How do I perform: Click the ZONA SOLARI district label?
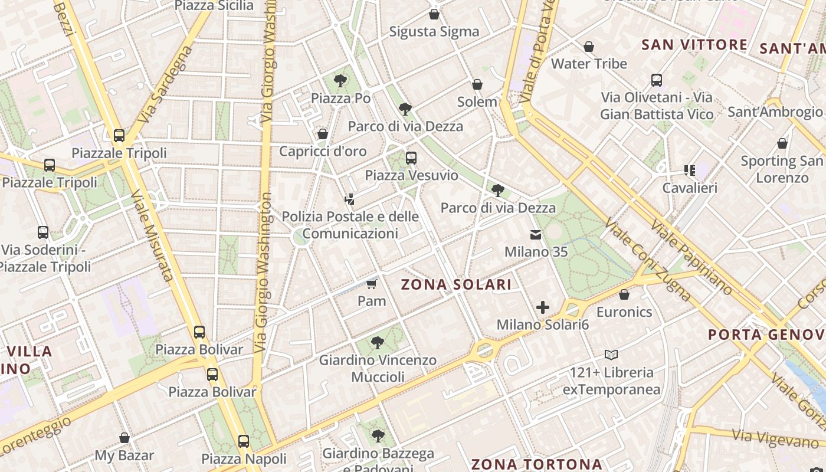point(456,284)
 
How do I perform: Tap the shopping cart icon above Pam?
point(371,285)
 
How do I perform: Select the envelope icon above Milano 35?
point(536,235)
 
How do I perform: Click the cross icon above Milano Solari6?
point(543,307)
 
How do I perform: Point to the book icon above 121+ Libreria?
point(611,355)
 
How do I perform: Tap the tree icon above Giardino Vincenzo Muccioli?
point(378,343)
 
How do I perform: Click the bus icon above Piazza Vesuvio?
point(411,158)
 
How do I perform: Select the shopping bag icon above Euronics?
point(624,294)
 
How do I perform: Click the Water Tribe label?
point(589,64)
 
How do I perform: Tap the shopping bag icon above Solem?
point(477,85)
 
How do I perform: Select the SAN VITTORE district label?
point(694,45)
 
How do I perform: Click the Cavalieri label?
point(689,188)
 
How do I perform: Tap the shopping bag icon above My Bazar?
point(124,438)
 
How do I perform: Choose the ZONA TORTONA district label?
point(536,464)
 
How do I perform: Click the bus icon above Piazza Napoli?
point(244,441)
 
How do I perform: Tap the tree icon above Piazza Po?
point(340,81)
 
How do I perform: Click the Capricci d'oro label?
point(323,152)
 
